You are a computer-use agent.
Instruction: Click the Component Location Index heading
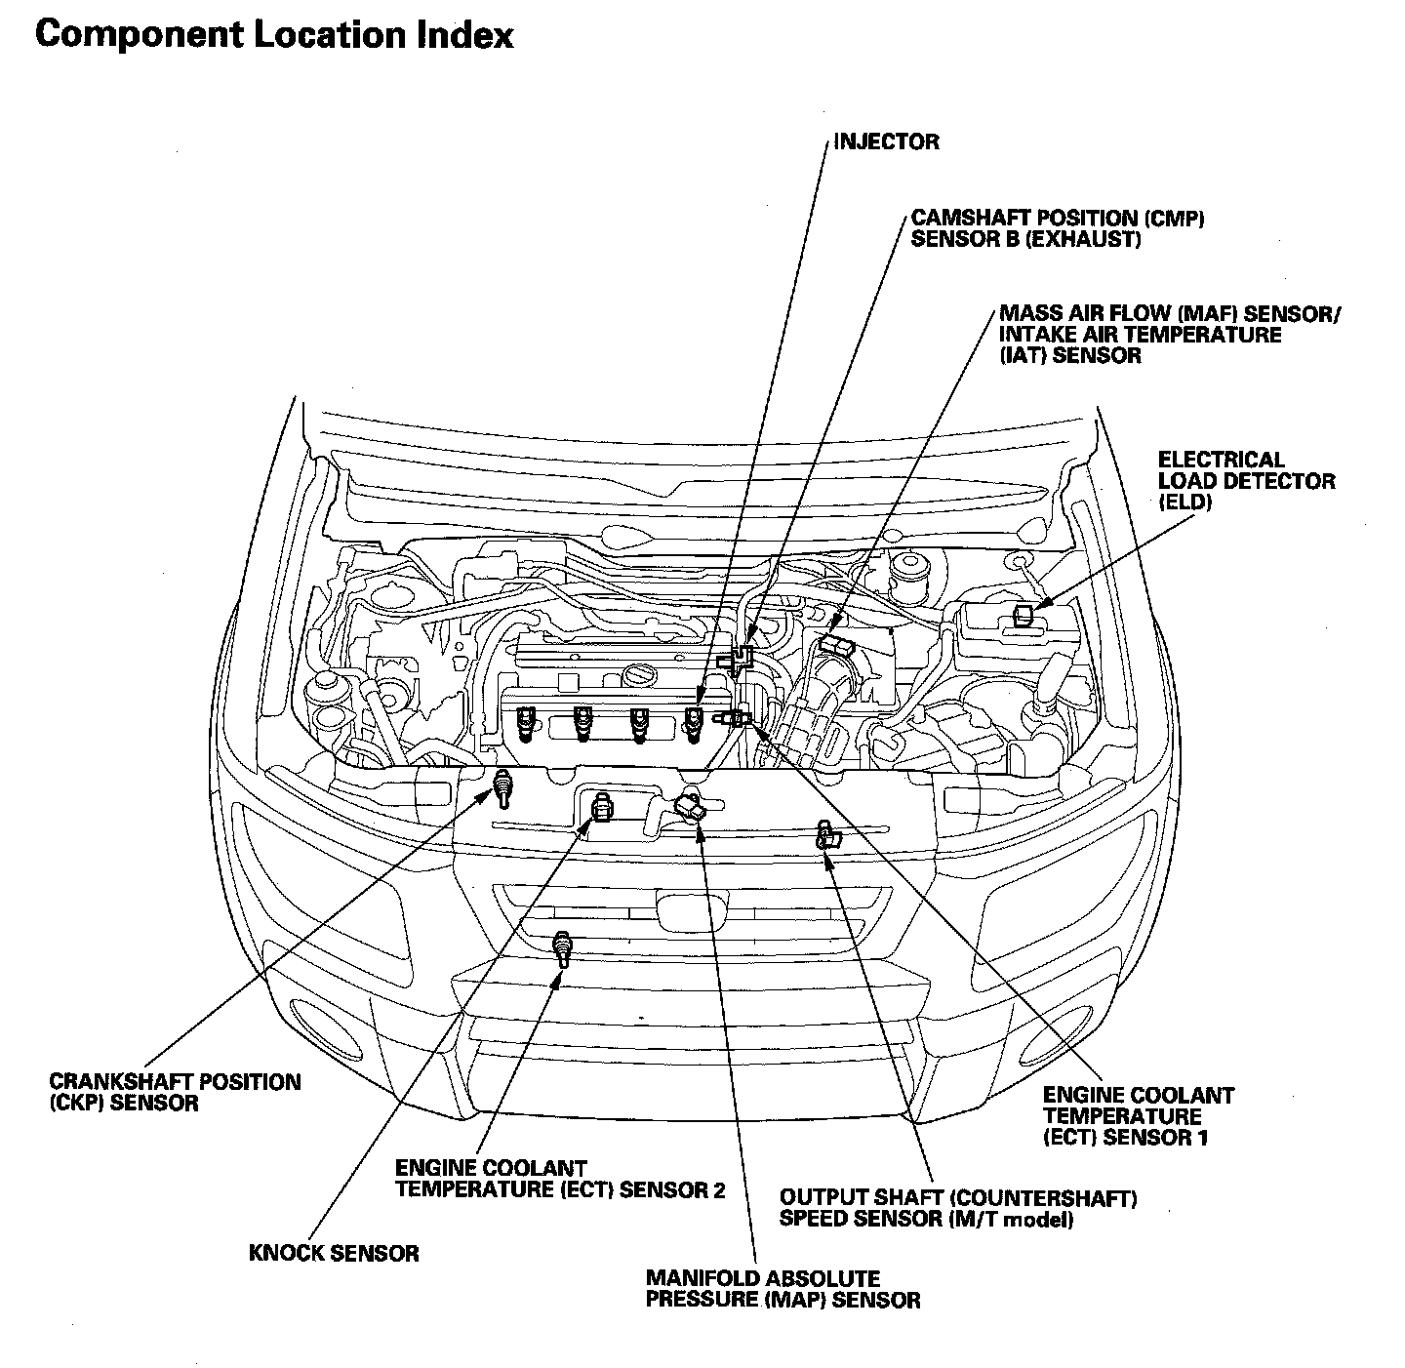274,35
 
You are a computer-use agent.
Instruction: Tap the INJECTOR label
887,141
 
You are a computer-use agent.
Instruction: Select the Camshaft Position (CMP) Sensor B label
1058,228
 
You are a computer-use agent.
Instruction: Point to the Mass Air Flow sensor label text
1170,335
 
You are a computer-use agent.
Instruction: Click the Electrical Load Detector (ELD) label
1246,481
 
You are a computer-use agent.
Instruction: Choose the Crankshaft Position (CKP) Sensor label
175,1092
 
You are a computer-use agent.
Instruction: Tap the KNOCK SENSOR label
334,1253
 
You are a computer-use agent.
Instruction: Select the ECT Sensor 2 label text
559,1179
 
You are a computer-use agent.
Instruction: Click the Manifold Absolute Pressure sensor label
783,1289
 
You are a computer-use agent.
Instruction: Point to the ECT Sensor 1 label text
1139,1116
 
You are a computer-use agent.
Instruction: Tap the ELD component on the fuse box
1024,616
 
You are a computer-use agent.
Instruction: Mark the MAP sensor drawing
691,807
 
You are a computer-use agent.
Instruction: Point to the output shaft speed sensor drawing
827,835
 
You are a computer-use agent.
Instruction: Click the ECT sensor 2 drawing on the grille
562,948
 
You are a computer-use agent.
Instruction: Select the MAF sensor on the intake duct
837,643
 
